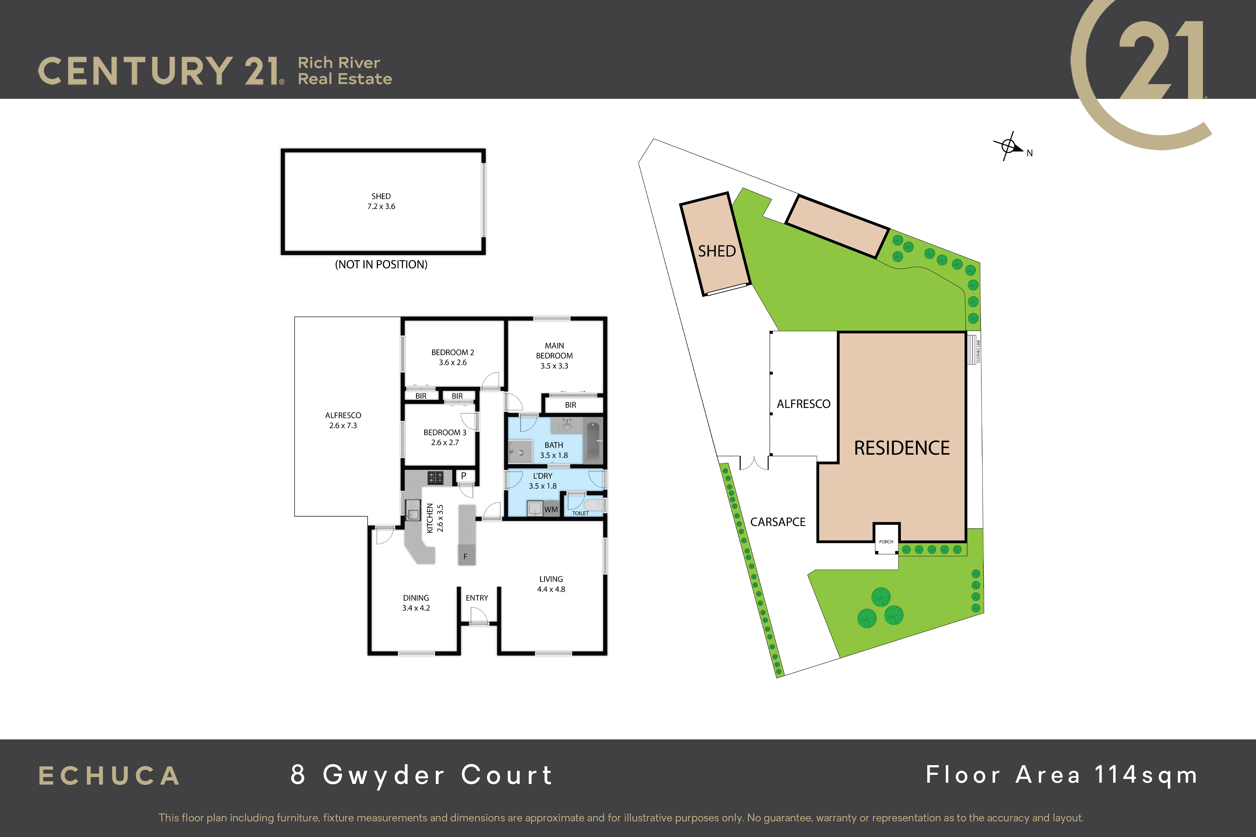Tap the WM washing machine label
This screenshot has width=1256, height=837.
(551, 510)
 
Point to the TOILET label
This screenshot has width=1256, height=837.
(581, 513)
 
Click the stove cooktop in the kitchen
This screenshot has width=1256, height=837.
(435, 477)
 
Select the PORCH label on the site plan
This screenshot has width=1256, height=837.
(886, 542)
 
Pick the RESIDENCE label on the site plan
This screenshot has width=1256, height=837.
(902, 448)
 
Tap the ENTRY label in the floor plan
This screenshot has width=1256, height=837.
(477, 598)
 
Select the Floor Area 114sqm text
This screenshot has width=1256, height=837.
(1062, 775)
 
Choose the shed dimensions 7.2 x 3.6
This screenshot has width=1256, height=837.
(381, 207)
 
